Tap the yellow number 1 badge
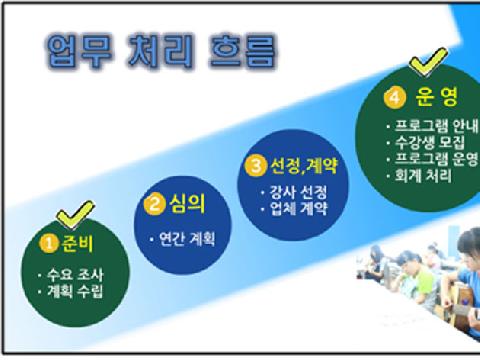coord(45,242)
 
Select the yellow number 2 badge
coord(154,206)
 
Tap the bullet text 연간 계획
coord(187,240)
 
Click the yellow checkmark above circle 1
coord(75,213)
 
